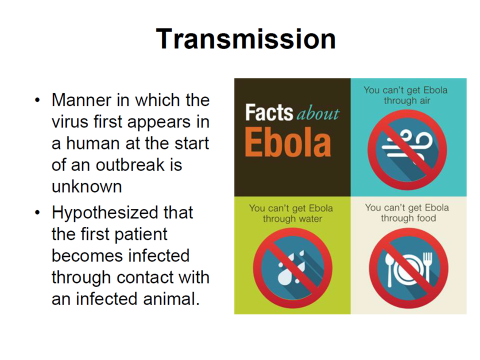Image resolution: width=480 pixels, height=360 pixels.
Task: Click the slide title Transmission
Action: pyautogui.click(x=246, y=39)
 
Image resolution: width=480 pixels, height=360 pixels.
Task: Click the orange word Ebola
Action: pyautogui.click(x=288, y=142)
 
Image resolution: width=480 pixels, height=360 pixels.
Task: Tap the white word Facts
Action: pyautogui.click(x=269, y=112)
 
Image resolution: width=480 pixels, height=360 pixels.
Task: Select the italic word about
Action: pyautogui.click(x=318, y=114)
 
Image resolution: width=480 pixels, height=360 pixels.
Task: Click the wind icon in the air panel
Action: pyautogui.click(x=407, y=146)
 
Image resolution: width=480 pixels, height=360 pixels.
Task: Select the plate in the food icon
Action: pyautogui.click(x=408, y=268)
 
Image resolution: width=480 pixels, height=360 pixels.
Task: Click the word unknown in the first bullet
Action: pyautogui.click(x=87, y=186)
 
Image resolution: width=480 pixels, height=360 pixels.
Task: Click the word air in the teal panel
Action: pyautogui.click(x=425, y=101)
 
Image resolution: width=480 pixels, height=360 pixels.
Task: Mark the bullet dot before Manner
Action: pyautogui.click(x=37, y=100)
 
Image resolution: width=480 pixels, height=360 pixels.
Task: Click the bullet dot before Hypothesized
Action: pyautogui.click(x=37, y=212)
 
